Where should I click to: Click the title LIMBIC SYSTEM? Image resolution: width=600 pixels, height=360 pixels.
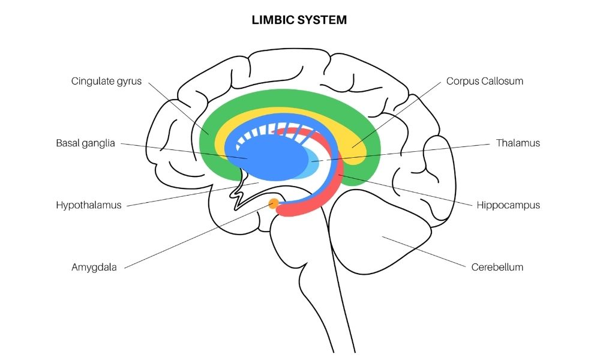pos(299,20)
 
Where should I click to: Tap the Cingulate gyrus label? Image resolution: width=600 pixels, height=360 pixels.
pos(106,81)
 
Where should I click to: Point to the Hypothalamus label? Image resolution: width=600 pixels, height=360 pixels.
pos(89,205)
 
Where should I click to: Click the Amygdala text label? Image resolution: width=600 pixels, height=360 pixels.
pos(94,267)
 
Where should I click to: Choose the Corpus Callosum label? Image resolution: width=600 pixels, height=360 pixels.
pos(484,81)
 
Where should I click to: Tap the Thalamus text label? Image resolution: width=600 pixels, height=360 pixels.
pos(518,143)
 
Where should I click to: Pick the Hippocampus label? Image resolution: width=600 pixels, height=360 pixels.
pos(508,205)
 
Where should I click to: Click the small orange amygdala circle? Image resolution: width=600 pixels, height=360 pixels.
pos(274,203)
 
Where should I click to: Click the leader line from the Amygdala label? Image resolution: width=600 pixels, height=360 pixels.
pos(198,235)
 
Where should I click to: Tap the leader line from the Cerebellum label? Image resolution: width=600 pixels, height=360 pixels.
pos(423,251)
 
